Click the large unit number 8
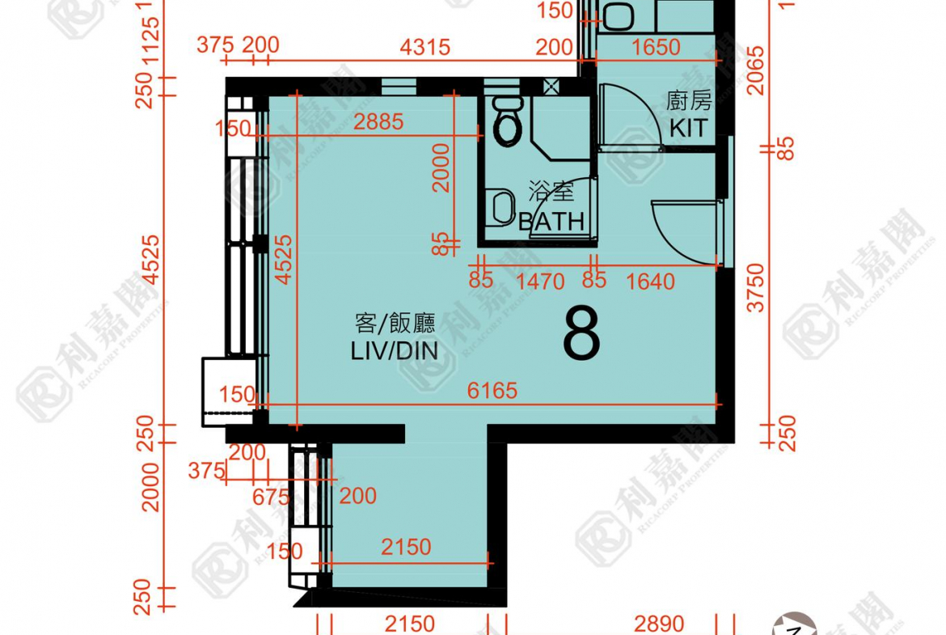pos(581,332)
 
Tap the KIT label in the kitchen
pos(689,128)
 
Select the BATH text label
pos(551,221)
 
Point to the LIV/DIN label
pos(395,351)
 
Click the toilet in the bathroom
pos(508,125)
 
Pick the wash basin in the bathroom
pos(501,207)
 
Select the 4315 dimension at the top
pos(425,46)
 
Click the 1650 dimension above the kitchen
pos(656,47)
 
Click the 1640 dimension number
pos(650,282)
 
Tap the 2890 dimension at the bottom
pos(659,624)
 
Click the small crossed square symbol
pos(552,87)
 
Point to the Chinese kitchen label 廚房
pos(689,100)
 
